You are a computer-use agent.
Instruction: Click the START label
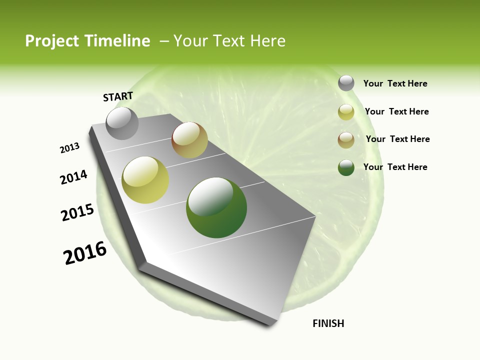[x=118, y=96]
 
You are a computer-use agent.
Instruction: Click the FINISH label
[x=328, y=323]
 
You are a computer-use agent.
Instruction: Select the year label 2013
[x=69, y=148]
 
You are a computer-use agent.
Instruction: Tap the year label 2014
[x=73, y=177]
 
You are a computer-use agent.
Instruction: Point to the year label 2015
[x=77, y=212]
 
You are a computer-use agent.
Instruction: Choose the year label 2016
[x=85, y=253]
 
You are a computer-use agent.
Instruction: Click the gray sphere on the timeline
[x=122, y=123]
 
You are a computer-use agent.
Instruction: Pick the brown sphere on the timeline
[x=189, y=140]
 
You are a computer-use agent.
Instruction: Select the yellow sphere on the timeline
[x=145, y=180]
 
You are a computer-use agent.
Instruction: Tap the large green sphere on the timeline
[x=216, y=207]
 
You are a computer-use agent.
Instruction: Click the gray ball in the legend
[x=346, y=83]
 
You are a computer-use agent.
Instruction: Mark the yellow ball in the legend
[x=346, y=112]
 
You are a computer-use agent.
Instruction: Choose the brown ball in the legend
[x=346, y=140]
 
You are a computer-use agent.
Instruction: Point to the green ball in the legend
[x=346, y=167]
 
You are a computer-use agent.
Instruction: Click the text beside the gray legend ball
[x=395, y=83]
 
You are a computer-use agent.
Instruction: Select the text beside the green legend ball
[x=395, y=167]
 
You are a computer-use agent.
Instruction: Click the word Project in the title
[x=52, y=41]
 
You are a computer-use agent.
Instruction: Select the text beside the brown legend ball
[x=397, y=139]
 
